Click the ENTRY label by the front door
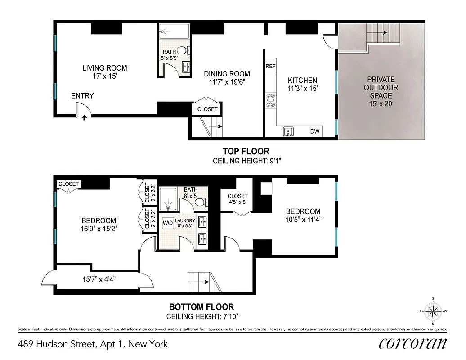(82, 96)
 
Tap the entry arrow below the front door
(85, 118)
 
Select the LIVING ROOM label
(104, 68)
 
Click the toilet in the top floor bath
(182, 50)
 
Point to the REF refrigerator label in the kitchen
(270, 66)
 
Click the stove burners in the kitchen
(270, 100)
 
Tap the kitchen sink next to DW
(288, 131)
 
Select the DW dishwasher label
(315, 132)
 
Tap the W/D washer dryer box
(168, 223)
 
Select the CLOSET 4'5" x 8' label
(237, 199)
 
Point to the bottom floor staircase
(202, 282)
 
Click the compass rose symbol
(433, 311)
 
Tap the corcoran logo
(413, 344)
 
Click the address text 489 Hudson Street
(93, 344)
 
